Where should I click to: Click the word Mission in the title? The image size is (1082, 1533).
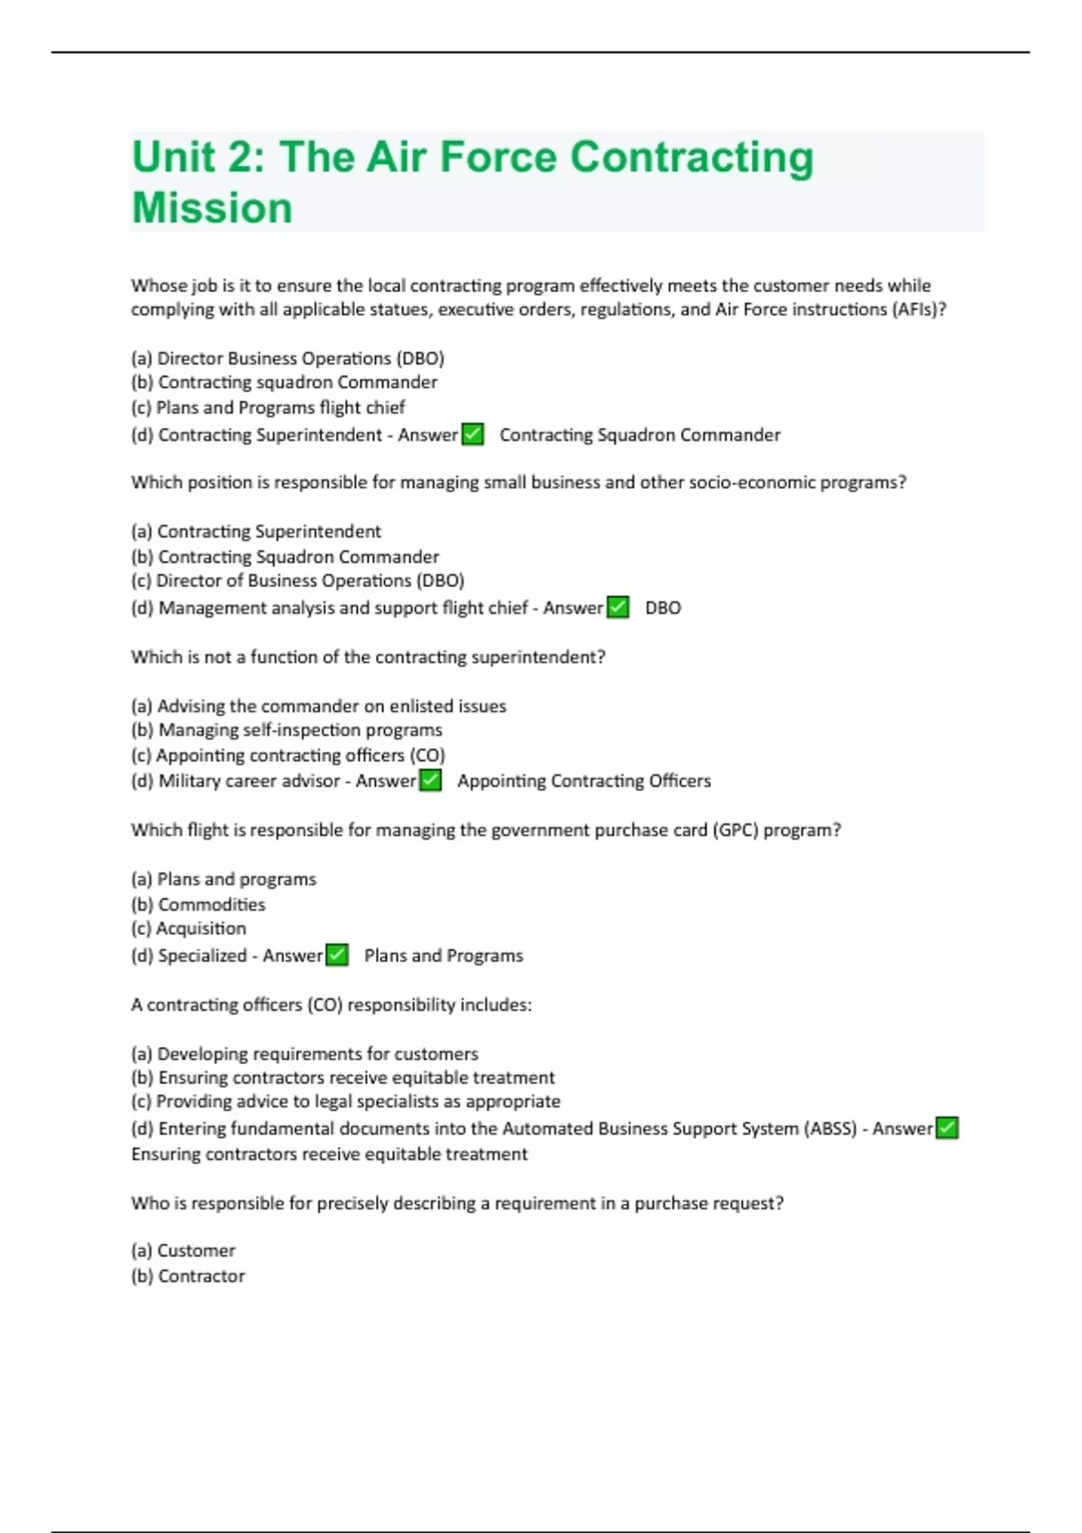coord(212,208)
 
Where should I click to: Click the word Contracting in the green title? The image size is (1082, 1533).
coord(692,157)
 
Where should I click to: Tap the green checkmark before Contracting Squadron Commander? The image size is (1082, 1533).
coord(472,435)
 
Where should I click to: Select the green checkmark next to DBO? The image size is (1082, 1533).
coord(618,608)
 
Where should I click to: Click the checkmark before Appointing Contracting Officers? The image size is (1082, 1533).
coord(431,781)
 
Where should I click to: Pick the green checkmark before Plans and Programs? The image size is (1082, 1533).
coord(337,955)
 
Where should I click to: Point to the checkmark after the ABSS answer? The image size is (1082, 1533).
coord(947,1128)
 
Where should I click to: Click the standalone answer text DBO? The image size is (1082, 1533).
coord(663,609)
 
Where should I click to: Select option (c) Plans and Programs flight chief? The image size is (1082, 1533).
coord(268,408)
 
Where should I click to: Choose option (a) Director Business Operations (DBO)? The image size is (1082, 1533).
coord(288,358)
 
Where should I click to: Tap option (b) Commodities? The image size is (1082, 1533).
coord(198,904)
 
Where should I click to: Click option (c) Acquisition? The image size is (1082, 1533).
coord(188,929)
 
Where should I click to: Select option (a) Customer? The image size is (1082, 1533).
coord(183,1251)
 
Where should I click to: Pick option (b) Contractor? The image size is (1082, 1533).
coord(188,1276)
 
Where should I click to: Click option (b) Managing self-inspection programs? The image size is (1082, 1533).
coord(287,730)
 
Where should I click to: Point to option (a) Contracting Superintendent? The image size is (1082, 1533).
coord(256,532)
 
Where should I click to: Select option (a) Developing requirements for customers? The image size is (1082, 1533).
coord(305,1054)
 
